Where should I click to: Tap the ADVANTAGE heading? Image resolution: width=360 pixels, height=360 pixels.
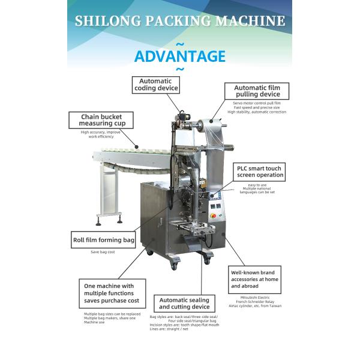[179, 56]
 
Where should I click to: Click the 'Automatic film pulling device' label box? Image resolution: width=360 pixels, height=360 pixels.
[257, 91]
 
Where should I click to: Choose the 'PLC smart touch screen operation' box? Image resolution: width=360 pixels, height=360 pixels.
[259, 172]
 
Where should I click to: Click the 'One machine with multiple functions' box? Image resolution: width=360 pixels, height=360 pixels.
[112, 293]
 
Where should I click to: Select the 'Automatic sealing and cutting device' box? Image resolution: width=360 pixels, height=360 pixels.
[184, 304]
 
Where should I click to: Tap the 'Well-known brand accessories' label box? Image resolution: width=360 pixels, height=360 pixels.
[255, 279]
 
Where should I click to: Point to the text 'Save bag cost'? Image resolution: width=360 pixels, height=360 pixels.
[103, 252]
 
